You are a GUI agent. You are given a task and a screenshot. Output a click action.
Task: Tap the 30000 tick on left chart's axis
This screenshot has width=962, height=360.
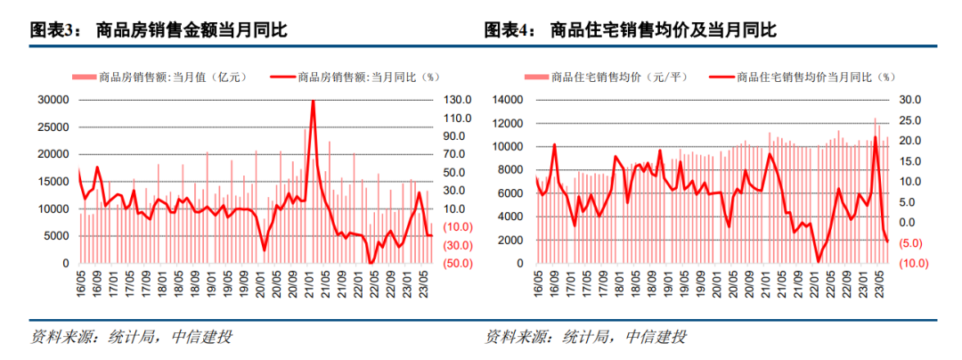tap(53, 100)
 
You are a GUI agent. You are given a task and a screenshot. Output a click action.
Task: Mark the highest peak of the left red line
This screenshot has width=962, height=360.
tap(313, 101)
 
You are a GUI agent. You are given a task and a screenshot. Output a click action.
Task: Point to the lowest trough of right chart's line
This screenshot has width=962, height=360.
tap(819, 261)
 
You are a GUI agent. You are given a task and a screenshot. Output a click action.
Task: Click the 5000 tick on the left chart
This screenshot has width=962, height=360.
tap(57, 236)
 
